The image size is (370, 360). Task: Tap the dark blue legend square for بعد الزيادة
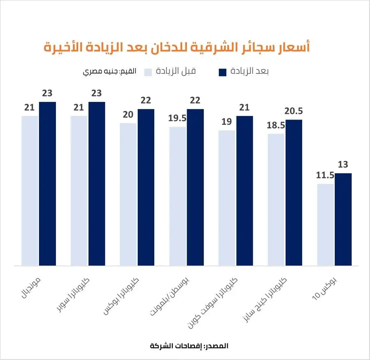222,72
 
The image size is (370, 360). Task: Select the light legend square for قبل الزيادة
148,72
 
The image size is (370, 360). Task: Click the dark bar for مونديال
47,183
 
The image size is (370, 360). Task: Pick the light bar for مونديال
30,190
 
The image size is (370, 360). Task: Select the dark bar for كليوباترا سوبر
97,183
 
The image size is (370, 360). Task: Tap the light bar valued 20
128,194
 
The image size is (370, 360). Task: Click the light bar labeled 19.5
178,196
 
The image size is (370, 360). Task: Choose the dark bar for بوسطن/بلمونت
195,187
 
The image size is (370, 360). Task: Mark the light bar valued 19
227,198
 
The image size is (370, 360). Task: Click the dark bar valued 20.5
294,192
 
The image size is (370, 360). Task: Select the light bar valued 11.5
326,224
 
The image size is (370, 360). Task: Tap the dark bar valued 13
343,219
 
